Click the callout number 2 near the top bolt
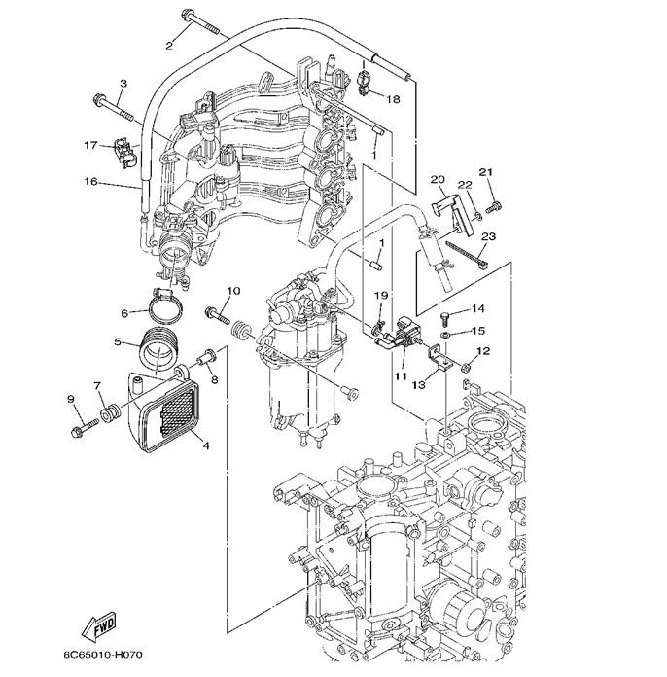[x=168, y=45]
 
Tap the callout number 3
[x=123, y=84]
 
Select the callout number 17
[x=90, y=146]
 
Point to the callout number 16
[x=90, y=181]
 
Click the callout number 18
[x=394, y=99]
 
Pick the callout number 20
[x=438, y=179]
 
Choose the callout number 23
[x=488, y=236]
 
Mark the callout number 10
[x=233, y=291]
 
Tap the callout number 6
[x=125, y=312]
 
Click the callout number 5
[x=118, y=341]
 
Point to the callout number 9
[x=70, y=399]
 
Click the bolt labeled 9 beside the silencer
[x=87, y=425]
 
